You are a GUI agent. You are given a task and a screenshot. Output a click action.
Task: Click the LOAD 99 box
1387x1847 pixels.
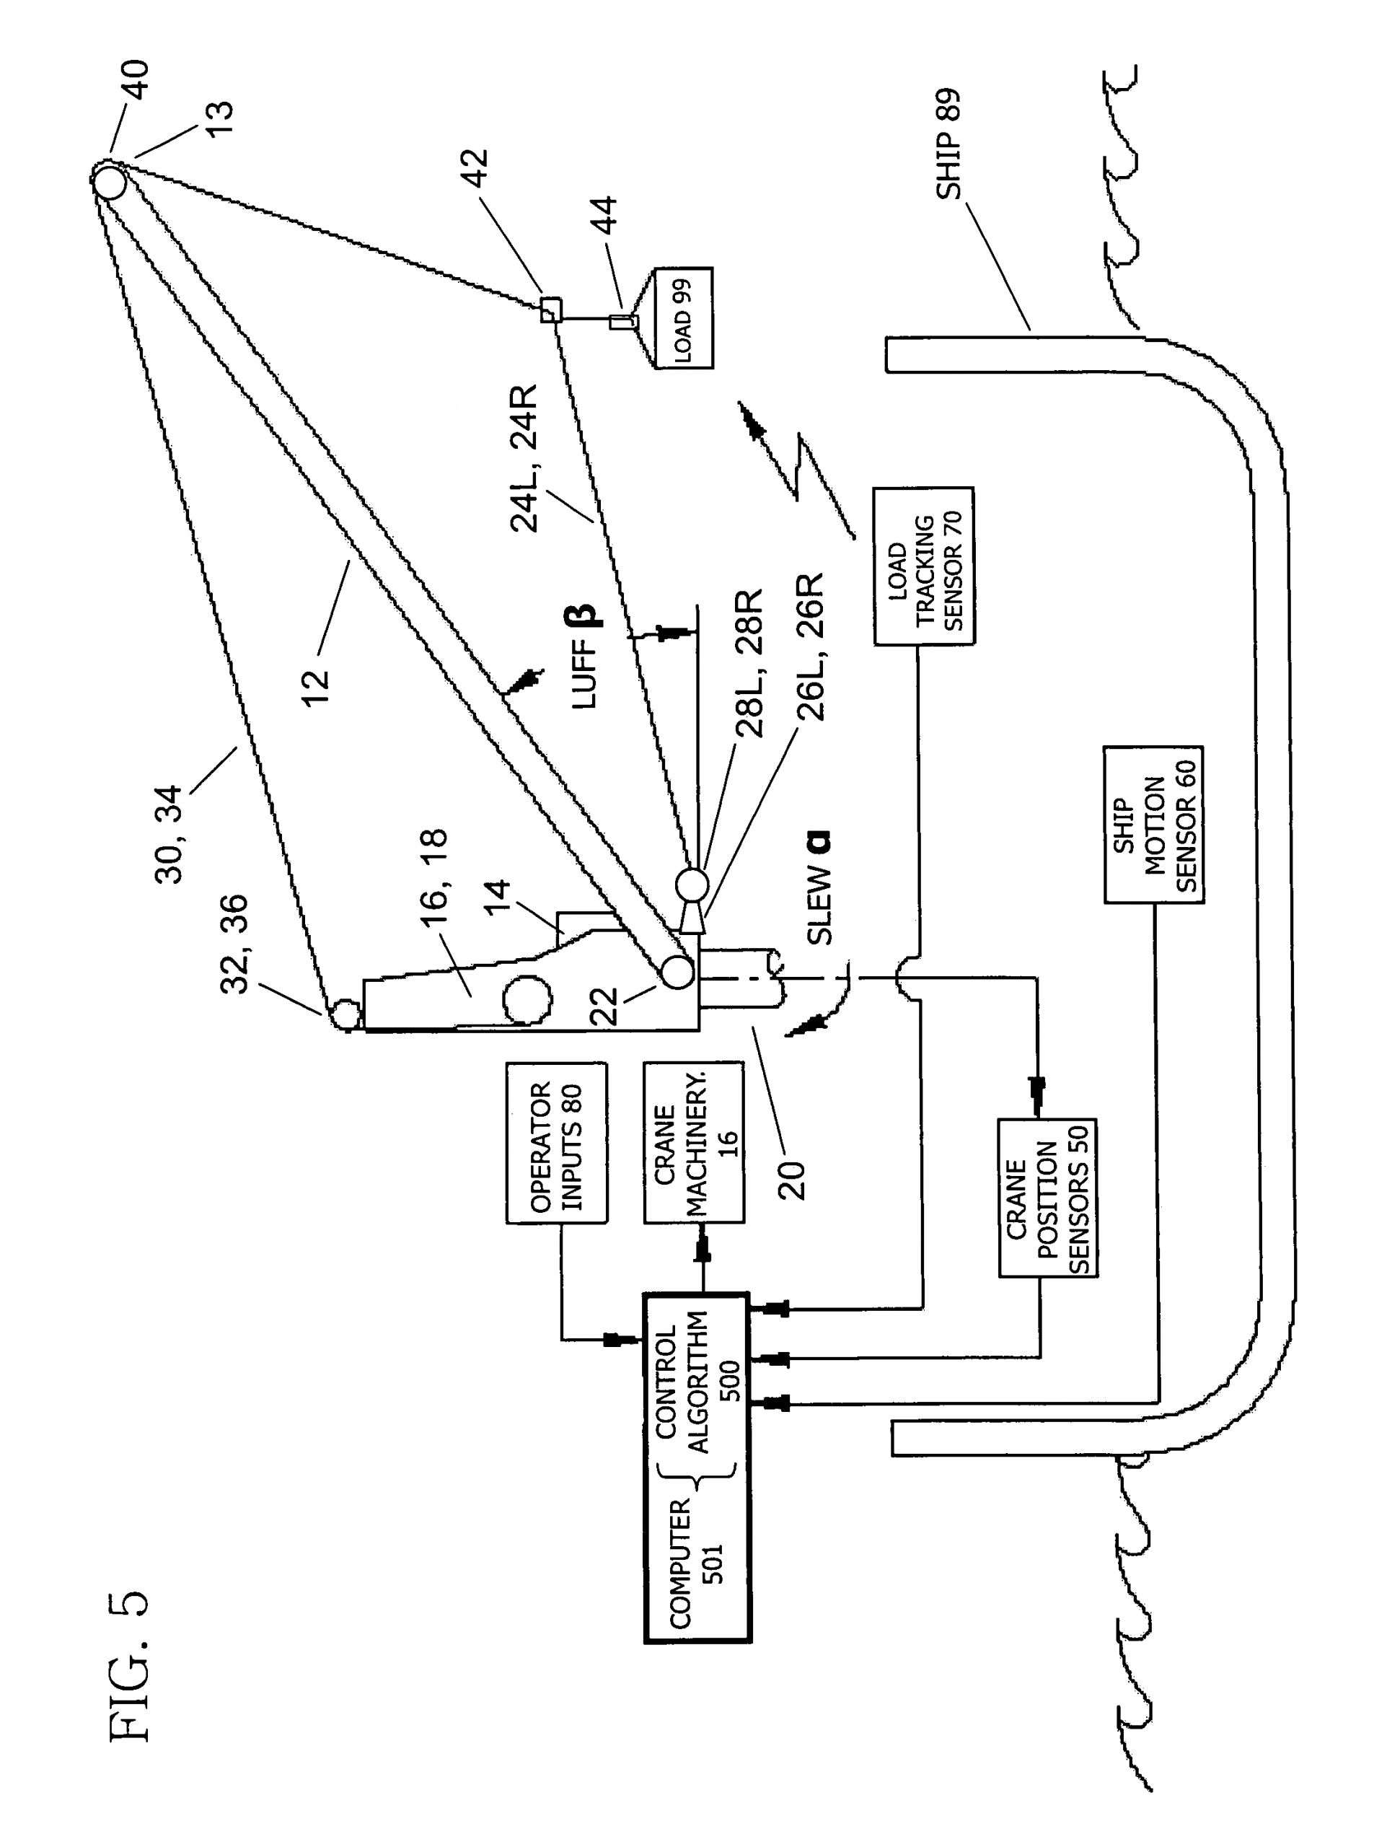pos(682,318)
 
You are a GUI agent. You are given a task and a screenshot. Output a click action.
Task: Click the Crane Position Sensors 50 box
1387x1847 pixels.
pos(1047,1198)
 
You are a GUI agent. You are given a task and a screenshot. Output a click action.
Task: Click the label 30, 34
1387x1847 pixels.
pos(169,833)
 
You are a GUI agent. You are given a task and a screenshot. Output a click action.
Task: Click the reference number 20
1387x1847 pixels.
pos(791,1179)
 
